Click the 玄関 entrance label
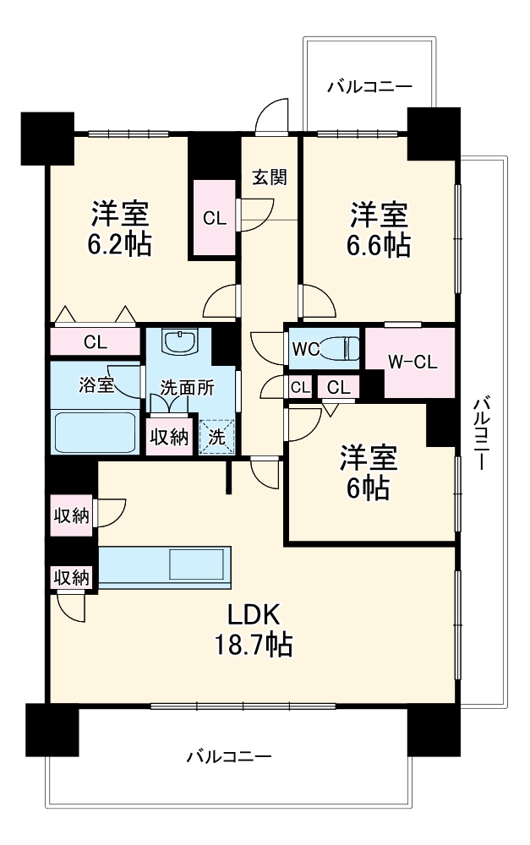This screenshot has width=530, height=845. [x=270, y=177]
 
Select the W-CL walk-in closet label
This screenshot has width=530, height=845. [x=412, y=363]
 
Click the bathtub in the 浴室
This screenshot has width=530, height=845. [x=94, y=432]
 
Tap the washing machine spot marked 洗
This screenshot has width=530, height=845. [x=216, y=438]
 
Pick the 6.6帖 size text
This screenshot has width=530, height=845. [x=380, y=244]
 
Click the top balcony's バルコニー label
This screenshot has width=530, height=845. [x=369, y=86]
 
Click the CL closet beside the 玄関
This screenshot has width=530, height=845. [x=215, y=217]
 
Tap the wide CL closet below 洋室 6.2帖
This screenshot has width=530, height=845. [x=95, y=342]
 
